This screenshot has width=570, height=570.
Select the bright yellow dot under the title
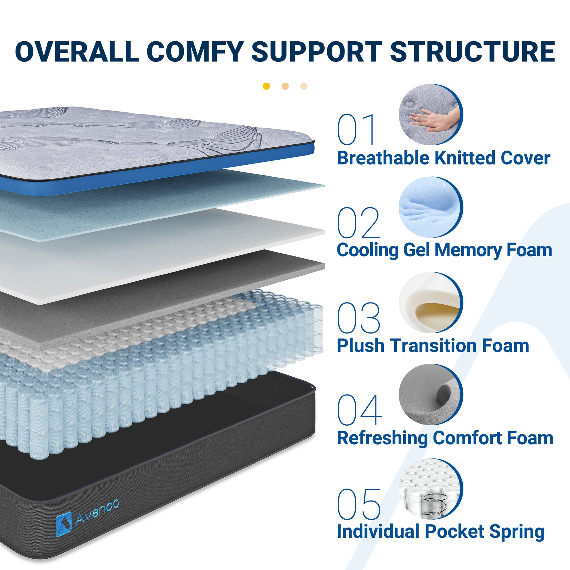(x=266, y=86)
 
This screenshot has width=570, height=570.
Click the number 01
(x=356, y=129)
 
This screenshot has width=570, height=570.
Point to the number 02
(x=359, y=222)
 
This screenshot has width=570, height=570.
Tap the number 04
(x=359, y=410)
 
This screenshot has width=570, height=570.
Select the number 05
(x=359, y=504)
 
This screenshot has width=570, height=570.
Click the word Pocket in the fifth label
(x=455, y=532)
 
